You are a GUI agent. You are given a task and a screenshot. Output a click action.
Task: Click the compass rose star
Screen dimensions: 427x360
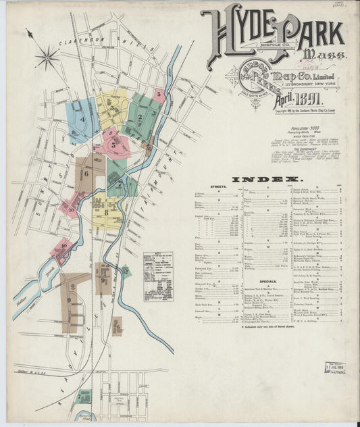click(47, 57)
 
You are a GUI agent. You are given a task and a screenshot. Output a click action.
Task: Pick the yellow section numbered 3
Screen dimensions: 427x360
click(111, 107)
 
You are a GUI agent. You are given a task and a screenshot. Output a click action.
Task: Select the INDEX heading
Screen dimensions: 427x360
click(265, 179)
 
